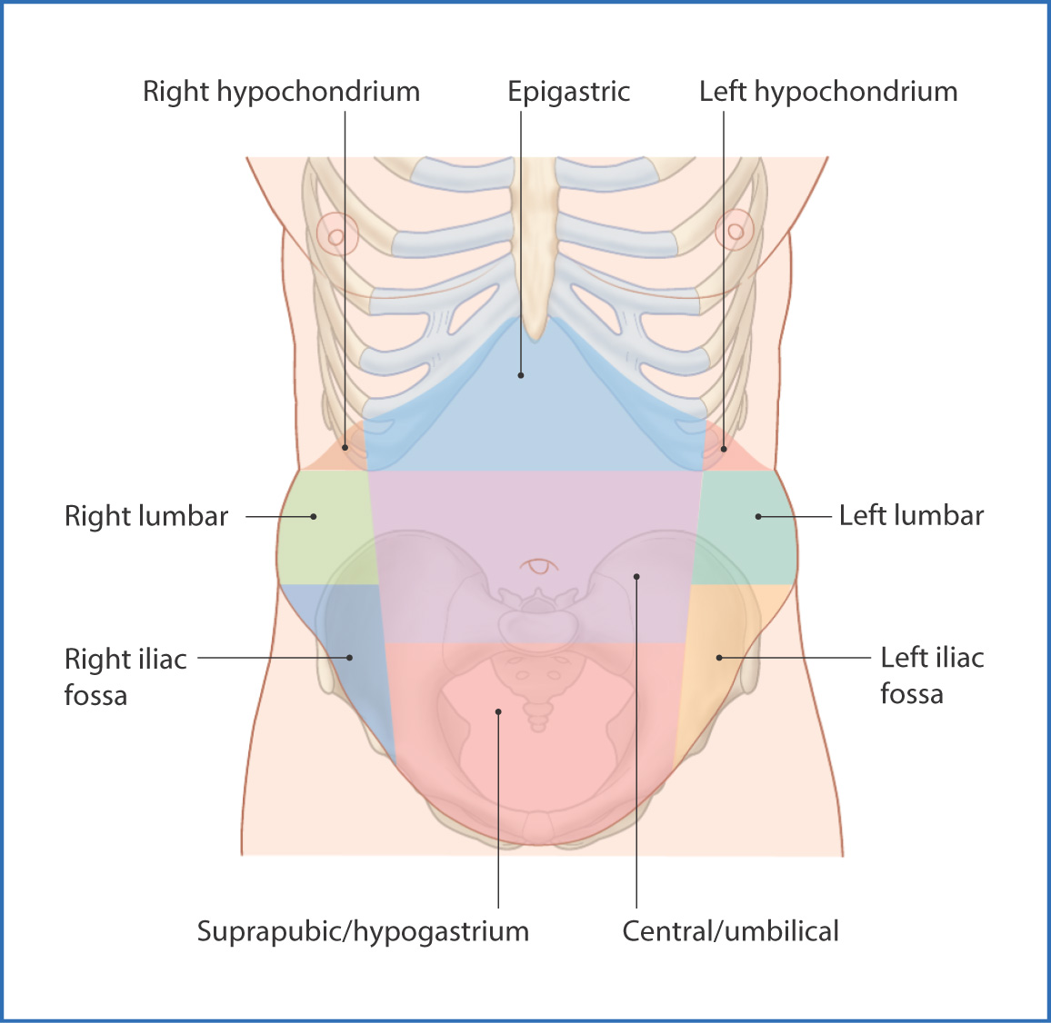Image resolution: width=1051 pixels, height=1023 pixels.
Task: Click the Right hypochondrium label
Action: pyautogui.click(x=281, y=92)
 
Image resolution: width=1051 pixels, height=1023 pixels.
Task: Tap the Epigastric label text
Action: pyautogui.click(x=568, y=92)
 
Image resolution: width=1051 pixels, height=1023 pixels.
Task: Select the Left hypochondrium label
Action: pyautogui.click(x=827, y=92)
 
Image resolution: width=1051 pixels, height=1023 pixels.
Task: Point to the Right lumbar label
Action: pyautogui.click(x=145, y=516)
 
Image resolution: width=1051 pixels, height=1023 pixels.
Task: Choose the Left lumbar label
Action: pyautogui.click(x=911, y=516)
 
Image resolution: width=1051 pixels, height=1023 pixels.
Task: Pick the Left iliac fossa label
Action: pyautogui.click(x=932, y=675)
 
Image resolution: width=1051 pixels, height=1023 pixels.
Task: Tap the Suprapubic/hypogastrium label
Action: pyautogui.click(x=363, y=931)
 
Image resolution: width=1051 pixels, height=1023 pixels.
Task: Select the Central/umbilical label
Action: pyautogui.click(x=730, y=931)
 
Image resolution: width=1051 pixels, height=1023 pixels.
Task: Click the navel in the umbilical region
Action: pyautogui.click(x=540, y=566)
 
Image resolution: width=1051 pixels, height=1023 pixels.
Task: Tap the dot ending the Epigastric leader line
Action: pyautogui.click(x=521, y=374)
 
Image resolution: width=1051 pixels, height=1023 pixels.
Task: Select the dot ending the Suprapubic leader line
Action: pyautogui.click(x=498, y=711)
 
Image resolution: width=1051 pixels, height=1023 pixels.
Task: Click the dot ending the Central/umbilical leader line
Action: pyautogui.click(x=636, y=576)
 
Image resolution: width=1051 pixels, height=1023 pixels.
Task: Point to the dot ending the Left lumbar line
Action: pyautogui.click(x=758, y=516)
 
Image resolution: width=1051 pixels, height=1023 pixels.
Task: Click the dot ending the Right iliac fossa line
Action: pyautogui.click(x=350, y=657)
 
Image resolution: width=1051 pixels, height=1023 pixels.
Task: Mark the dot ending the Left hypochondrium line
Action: pyautogui.click(x=725, y=448)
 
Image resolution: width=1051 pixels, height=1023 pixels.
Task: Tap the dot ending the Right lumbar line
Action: pyautogui.click(x=314, y=516)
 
